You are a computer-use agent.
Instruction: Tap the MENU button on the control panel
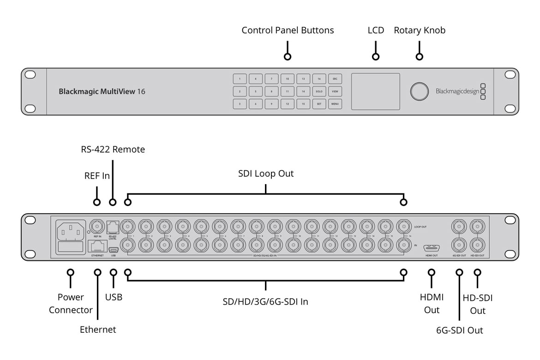(x=335, y=104)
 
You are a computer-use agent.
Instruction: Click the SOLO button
(x=319, y=91)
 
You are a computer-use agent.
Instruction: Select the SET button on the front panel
(x=319, y=104)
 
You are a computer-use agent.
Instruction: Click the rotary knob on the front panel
(x=420, y=91)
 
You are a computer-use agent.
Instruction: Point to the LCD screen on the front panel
(x=376, y=91)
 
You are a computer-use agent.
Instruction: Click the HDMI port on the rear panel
(x=432, y=247)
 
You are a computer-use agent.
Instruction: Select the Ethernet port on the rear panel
(x=97, y=246)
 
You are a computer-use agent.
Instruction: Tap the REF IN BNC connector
(x=97, y=227)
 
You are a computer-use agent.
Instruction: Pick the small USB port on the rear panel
(x=114, y=250)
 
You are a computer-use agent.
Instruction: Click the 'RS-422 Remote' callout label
(x=113, y=149)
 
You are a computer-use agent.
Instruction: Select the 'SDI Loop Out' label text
(x=266, y=174)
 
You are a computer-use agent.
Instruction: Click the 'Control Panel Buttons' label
(x=288, y=30)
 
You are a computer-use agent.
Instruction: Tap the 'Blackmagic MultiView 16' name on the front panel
(x=102, y=91)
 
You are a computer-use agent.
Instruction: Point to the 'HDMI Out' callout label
(x=432, y=304)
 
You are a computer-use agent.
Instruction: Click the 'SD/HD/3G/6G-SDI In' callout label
(x=265, y=301)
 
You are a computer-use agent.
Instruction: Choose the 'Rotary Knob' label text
(x=420, y=30)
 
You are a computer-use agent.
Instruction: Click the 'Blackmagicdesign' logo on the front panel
(x=457, y=91)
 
